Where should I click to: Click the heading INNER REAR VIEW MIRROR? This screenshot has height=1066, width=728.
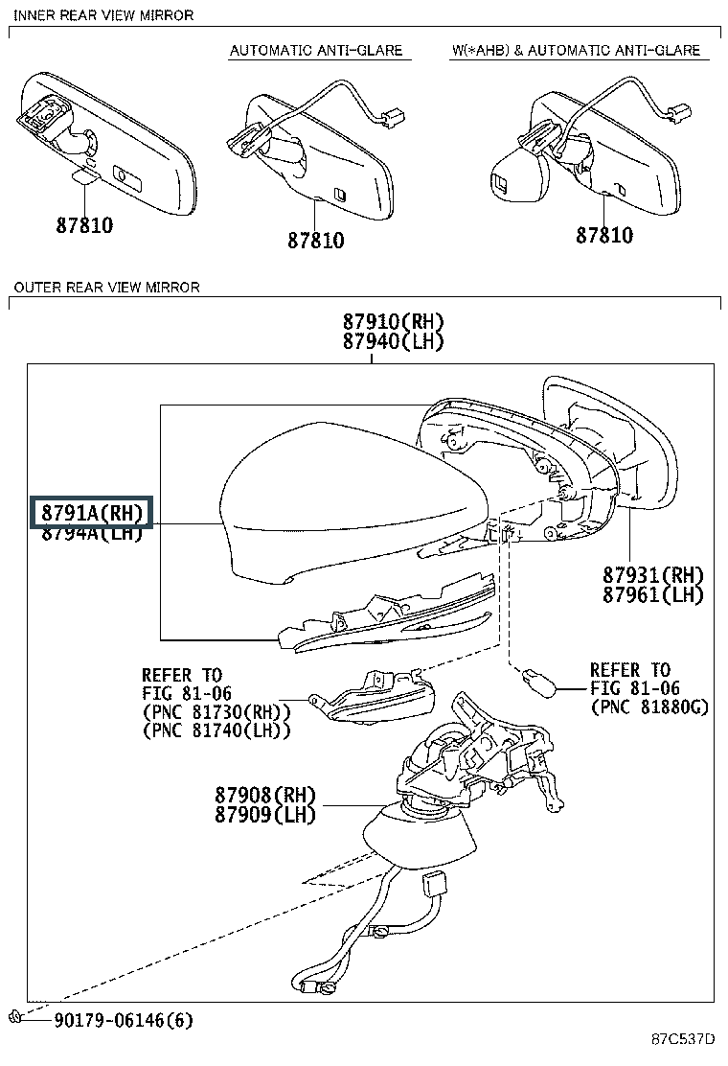pos(102,15)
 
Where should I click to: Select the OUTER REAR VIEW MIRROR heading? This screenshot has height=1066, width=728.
pos(106,287)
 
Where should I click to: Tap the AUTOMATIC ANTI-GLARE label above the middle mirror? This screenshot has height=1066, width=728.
pos(315,50)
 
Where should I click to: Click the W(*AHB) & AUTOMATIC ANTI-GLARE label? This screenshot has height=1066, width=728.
pos(576,50)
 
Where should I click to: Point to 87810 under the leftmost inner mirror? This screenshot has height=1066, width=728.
pos(84,226)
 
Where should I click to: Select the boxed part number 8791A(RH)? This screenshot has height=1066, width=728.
pos(92,514)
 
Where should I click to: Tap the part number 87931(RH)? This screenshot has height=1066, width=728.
pos(653,575)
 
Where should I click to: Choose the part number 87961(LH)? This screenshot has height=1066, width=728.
pos(653,594)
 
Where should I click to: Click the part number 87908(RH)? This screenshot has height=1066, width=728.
pos(265,796)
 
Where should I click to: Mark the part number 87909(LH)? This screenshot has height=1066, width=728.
pos(265,816)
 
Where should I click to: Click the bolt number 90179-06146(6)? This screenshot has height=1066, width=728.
pos(123,1020)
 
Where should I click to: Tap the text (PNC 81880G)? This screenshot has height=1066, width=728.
pos(649,709)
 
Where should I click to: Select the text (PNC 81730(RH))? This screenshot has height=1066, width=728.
pos(216,711)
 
